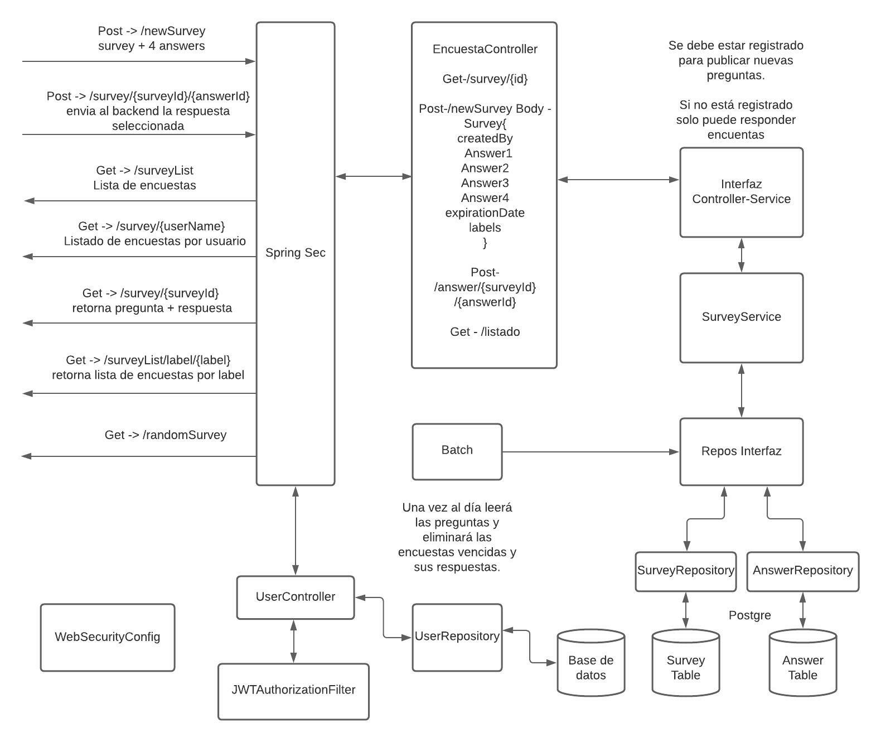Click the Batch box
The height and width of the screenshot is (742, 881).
tap(457, 451)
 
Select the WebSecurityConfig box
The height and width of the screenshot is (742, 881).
tap(107, 637)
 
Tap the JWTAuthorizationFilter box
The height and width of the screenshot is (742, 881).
tap(293, 691)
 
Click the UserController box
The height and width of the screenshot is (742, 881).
tap(295, 597)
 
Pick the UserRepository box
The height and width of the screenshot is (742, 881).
tap(457, 637)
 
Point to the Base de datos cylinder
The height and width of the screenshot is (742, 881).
tap(590, 664)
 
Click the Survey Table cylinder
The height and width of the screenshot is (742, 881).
tap(685, 664)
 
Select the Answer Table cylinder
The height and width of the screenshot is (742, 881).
tap(802, 664)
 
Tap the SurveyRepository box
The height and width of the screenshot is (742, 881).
tap(685, 571)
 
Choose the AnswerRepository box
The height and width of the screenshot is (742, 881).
tap(802, 571)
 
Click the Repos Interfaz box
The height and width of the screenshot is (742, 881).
tap(741, 451)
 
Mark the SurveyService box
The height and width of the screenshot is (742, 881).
tap(741, 317)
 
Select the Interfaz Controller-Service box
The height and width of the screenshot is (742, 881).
tap(741, 192)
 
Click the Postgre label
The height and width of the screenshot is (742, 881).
tap(749, 615)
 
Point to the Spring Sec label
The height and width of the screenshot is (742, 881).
tap(295, 253)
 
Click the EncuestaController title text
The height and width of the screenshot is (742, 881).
tap(485, 49)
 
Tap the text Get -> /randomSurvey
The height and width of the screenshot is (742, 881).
tap(165, 435)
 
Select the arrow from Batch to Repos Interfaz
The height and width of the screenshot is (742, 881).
tap(591, 451)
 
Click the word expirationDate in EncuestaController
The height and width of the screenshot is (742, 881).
tap(485, 213)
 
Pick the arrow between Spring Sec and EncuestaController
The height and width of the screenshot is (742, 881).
tap(373, 176)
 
